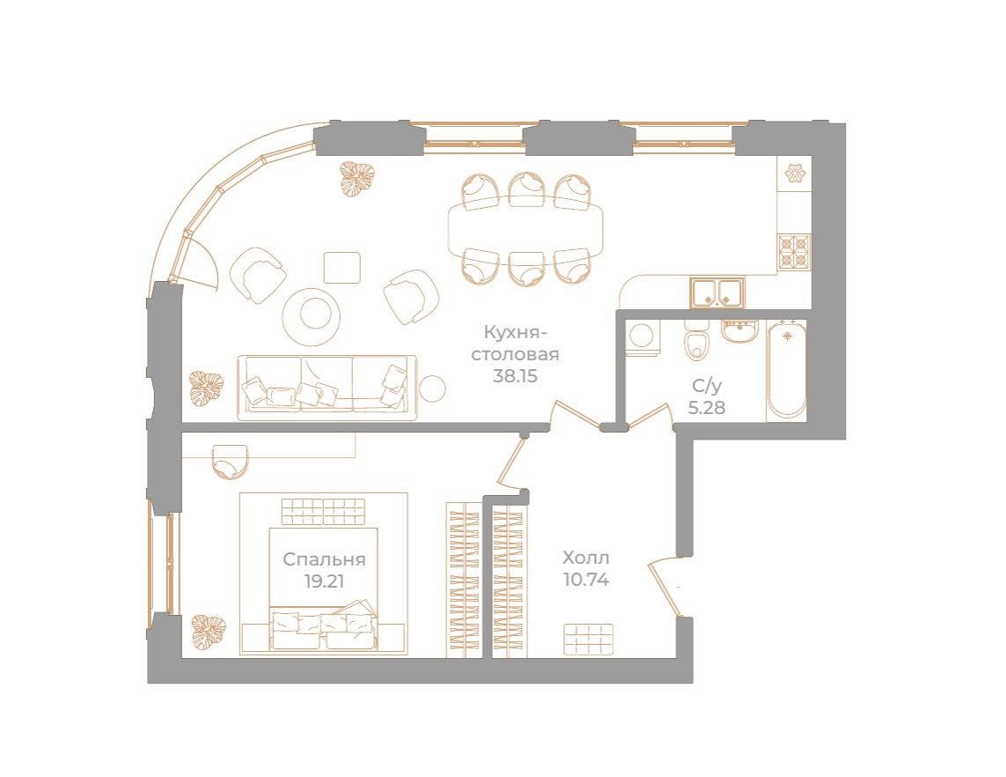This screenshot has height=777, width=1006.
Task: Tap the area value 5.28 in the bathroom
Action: coord(707,407)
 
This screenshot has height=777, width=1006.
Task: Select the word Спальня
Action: coord(324,559)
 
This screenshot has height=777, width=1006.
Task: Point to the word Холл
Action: coord(586,558)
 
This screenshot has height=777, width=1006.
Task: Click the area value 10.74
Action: coord(586,580)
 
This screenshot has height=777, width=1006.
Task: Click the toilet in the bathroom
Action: coord(698,345)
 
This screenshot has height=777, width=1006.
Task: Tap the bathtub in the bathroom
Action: coord(786,371)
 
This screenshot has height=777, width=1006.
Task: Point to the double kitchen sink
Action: coord(717,292)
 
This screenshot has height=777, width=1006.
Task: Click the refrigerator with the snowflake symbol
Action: coord(795,174)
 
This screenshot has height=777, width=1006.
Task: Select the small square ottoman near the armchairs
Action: coord(341,267)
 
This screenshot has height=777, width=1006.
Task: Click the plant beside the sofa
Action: coord(209,387)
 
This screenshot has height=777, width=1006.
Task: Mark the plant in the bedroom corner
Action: coord(209,629)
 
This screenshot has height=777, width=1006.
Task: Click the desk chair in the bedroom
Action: coord(231,460)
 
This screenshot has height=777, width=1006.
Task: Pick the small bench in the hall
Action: coord(589,639)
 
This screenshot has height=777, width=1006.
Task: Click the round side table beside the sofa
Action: coord(432,388)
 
